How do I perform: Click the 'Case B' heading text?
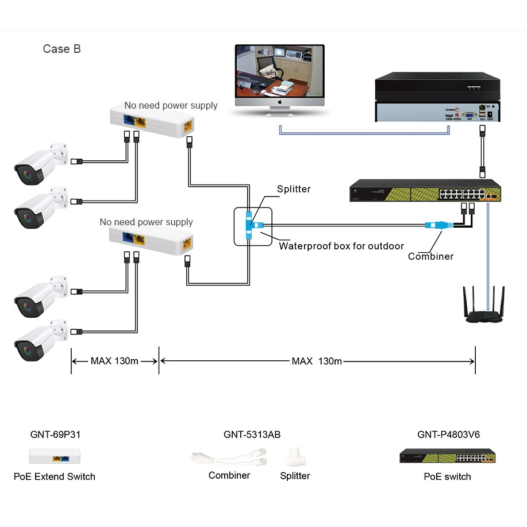point(61,49)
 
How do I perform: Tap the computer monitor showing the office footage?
point(280,75)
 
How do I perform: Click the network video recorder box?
point(437,97)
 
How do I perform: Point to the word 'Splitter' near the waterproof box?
point(294,189)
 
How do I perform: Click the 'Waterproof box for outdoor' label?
point(341,246)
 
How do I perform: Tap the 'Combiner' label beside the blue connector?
point(430,256)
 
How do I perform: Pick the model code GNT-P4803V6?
point(448,435)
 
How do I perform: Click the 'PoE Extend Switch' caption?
point(55,476)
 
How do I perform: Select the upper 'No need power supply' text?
point(171,106)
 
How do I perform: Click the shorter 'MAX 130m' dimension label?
point(114,361)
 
